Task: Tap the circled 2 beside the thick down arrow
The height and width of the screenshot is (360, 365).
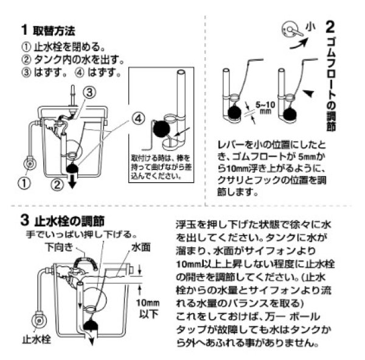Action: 56,182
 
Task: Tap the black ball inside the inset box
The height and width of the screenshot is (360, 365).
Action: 161,129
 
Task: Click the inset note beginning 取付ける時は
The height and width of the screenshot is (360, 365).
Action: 155,167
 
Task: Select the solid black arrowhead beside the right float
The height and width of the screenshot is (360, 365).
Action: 309,93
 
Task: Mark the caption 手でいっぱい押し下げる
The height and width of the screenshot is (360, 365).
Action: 80,234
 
